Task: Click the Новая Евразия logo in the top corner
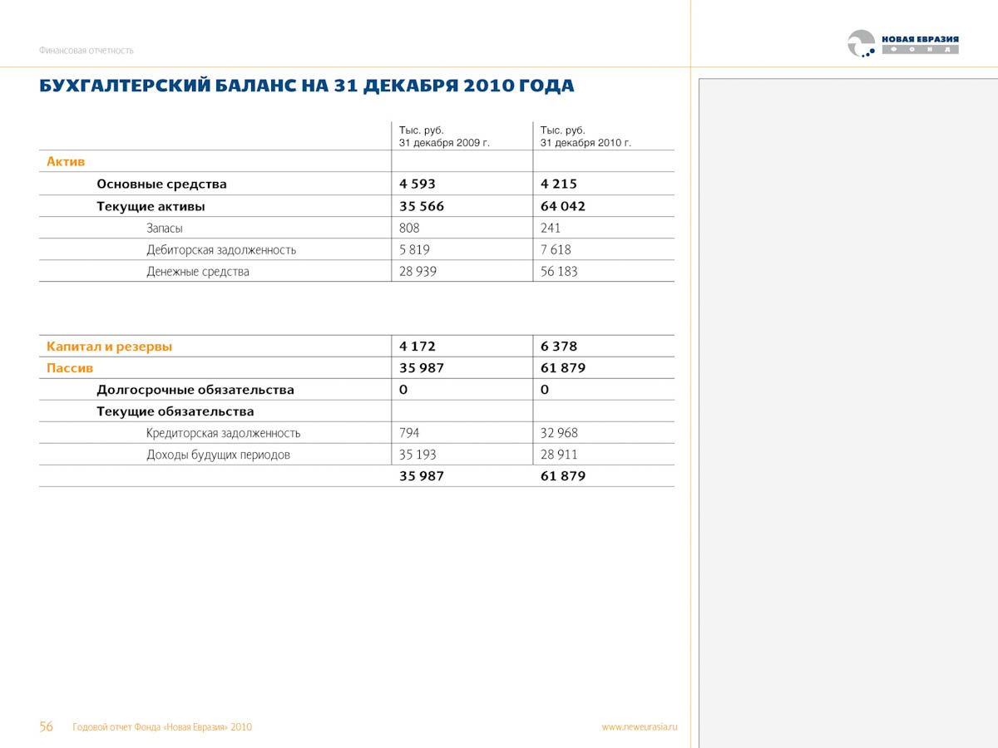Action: (902, 43)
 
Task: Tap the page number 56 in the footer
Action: (47, 726)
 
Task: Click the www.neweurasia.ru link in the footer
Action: (640, 726)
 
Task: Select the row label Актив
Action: (66, 161)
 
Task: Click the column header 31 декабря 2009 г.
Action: (444, 142)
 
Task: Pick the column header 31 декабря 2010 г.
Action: (585, 142)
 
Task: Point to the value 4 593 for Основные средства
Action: (417, 184)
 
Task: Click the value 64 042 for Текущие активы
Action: (563, 206)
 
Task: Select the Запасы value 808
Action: (410, 228)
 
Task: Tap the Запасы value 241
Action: (551, 228)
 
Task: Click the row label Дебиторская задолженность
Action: (221, 249)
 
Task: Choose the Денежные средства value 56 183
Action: (559, 271)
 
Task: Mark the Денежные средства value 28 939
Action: (417, 271)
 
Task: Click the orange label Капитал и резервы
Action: (110, 347)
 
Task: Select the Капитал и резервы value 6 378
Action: (559, 347)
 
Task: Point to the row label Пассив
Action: (70, 368)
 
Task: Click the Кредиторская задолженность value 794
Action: (410, 433)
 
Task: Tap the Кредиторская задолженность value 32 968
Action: (559, 433)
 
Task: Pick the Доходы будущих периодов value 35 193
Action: (417, 455)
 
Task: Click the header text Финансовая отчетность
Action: (86, 50)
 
